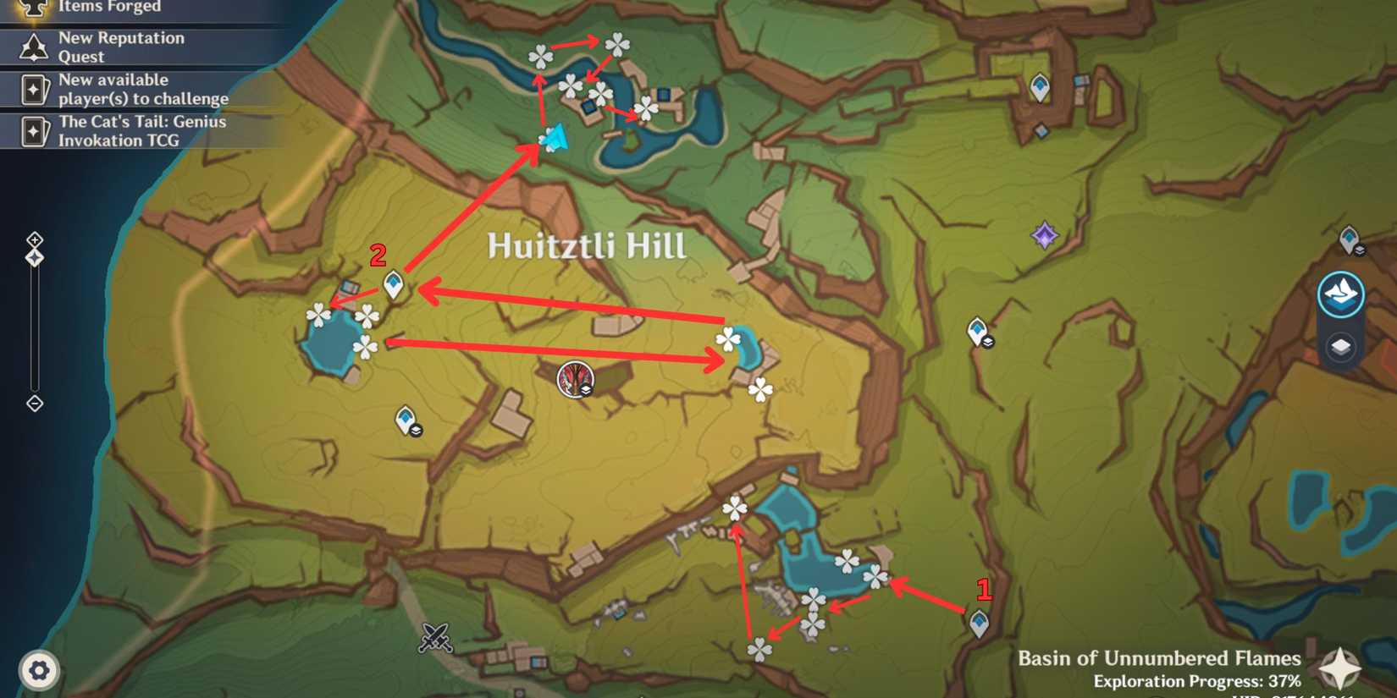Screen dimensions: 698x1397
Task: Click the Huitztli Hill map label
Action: (586, 246)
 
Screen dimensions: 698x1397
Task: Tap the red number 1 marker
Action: (983, 589)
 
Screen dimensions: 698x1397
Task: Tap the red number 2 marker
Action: (378, 254)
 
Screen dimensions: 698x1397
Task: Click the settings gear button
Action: (39, 670)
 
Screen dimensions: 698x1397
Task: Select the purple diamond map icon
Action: (1044, 235)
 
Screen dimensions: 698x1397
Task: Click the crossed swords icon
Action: (435, 637)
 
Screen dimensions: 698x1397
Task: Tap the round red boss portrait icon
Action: (575, 379)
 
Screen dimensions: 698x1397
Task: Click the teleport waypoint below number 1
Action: (980, 624)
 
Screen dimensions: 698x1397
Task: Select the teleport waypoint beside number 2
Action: (394, 284)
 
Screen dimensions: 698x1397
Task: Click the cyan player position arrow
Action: (555, 138)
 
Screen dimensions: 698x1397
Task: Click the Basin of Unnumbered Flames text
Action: (1158, 658)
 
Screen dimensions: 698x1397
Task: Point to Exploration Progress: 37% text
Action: (1196, 681)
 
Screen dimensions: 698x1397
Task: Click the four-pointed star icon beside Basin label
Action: (1339, 668)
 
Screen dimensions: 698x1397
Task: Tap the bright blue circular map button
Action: (1340, 294)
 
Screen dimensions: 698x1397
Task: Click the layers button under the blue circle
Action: (1340, 347)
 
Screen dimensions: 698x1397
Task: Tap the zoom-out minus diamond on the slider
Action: (35, 404)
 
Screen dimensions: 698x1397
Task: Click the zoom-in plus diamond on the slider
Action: (35, 240)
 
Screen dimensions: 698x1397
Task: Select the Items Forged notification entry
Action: (108, 8)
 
